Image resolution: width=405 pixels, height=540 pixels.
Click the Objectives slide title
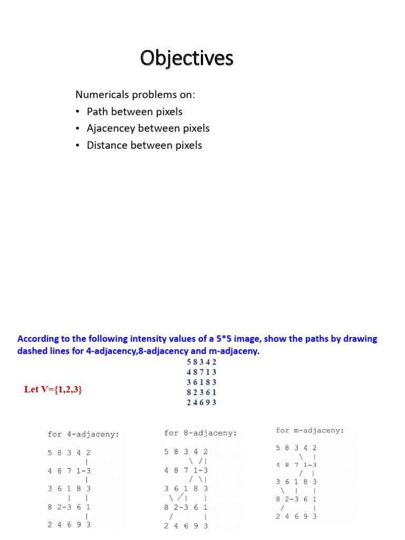tap(187, 59)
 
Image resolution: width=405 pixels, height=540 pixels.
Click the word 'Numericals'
tap(100, 95)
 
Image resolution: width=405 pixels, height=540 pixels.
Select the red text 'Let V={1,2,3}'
tap(53, 389)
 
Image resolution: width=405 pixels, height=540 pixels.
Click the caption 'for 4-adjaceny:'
tap(83, 435)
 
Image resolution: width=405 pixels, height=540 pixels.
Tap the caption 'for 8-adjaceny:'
tap(200, 433)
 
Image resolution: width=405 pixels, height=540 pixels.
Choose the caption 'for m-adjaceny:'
tap(310, 430)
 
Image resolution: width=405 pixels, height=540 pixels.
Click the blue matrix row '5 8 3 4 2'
tap(201, 362)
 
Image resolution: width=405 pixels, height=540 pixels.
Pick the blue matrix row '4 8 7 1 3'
tap(201, 372)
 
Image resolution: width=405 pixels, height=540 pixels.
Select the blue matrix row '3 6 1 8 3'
tap(201, 382)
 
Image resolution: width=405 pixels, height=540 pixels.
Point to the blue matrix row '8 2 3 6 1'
tap(201, 392)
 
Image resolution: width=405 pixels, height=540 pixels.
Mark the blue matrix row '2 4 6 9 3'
tap(201, 402)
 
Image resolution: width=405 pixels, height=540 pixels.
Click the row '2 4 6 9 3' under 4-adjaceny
tap(69, 525)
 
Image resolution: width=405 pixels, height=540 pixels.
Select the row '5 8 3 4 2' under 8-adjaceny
tap(186, 452)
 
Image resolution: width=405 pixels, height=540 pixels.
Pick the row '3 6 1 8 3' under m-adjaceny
tap(296, 481)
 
